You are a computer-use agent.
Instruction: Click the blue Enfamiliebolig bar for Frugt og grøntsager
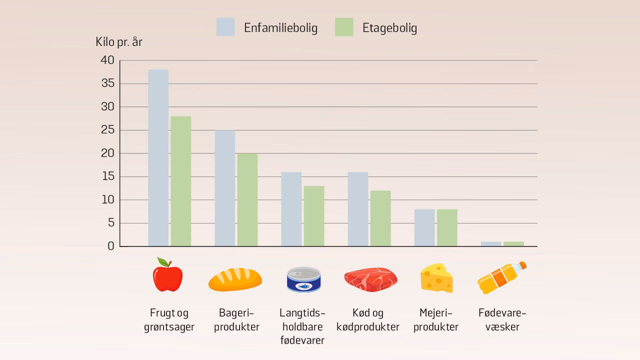(158, 158)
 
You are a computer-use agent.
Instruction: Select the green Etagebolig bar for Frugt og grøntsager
(180, 181)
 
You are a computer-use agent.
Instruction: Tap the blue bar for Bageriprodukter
(224, 188)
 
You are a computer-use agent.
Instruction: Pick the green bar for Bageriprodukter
(247, 199)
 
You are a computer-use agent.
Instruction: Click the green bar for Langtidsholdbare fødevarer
(314, 216)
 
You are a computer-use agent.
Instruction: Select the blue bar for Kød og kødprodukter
(358, 209)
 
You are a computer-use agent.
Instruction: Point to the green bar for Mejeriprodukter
(447, 227)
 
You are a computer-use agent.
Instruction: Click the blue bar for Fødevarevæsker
(491, 244)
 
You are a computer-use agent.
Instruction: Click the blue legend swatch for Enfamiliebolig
(225, 27)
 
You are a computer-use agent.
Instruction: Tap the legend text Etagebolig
(389, 28)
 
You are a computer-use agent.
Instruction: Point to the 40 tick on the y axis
(107, 60)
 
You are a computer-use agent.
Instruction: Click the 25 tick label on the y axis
(107, 130)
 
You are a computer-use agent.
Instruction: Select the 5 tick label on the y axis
(110, 223)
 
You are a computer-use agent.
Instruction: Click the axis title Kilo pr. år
(119, 42)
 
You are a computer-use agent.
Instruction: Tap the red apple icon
(167, 275)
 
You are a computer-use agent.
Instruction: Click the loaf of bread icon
(235, 279)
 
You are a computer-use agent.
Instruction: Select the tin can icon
(303, 279)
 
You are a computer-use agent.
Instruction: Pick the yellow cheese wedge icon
(436, 278)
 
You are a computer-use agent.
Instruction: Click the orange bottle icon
(501, 278)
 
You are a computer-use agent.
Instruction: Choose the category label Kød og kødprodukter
(367, 320)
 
